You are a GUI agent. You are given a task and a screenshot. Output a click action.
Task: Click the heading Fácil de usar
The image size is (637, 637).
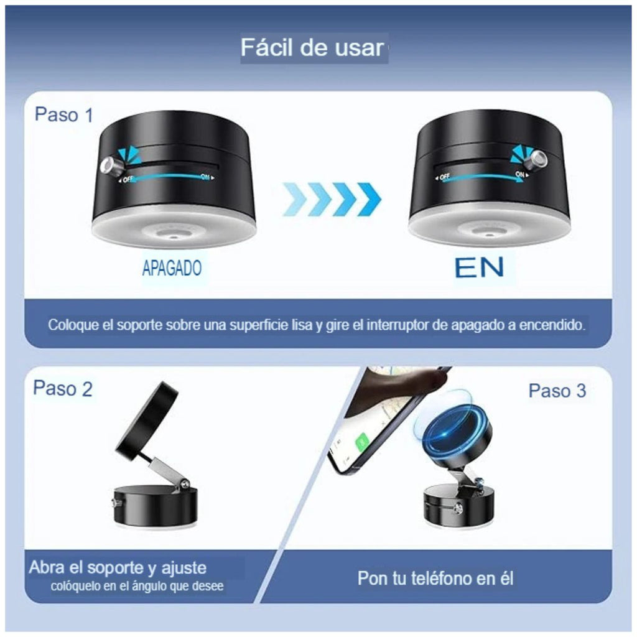312,48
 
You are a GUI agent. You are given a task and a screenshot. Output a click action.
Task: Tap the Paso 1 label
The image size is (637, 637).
64,114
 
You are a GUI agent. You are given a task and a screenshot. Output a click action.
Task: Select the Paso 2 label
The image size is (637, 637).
62,389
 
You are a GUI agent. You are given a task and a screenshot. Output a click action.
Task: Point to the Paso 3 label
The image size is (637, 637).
557,391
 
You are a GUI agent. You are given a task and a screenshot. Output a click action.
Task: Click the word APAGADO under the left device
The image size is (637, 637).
172,268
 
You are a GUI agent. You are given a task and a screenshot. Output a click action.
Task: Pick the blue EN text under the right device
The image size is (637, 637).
479,267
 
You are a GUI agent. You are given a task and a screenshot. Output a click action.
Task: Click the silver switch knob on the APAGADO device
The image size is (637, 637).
109,165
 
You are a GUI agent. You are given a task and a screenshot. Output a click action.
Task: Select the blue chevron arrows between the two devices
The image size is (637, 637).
332,199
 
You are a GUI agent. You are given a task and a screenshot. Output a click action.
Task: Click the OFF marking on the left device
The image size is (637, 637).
128,179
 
